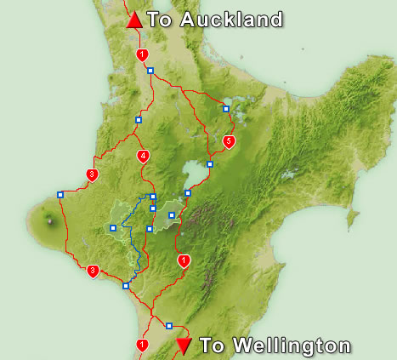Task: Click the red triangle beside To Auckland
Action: [134, 20]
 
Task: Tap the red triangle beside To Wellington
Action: [183, 346]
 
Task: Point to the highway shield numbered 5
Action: [228, 140]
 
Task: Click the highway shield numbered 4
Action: [143, 156]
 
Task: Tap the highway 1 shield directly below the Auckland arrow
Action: [142, 54]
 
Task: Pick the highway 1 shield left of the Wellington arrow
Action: [142, 345]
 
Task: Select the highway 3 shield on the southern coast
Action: [93, 271]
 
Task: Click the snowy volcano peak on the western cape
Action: [49, 221]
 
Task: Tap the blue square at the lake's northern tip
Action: [210, 164]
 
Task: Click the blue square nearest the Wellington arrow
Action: [169, 325]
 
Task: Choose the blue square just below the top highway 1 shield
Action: [150, 71]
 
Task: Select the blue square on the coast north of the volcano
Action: [60, 195]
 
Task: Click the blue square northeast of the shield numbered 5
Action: [226, 108]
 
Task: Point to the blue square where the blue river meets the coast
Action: [126, 285]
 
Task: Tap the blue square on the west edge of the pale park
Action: [113, 227]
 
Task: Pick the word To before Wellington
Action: [213, 346]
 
